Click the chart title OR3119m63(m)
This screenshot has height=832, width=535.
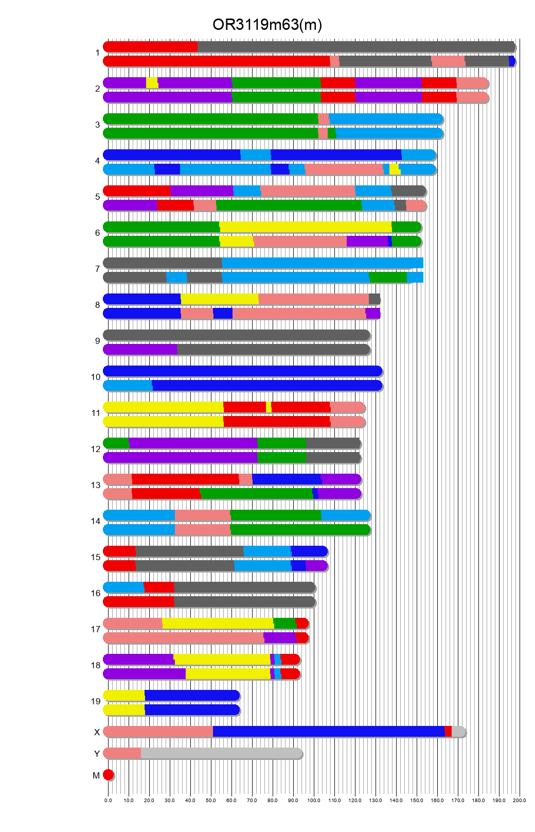(267, 25)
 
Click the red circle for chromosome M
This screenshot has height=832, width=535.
(108, 775)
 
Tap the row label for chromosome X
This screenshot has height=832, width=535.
(97, 732)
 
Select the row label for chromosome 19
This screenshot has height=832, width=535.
(96, 701)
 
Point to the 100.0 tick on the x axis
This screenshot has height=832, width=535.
(314, 800)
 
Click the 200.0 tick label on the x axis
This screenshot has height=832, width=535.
(519, 800)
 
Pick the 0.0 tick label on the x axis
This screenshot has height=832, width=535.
(108, 800)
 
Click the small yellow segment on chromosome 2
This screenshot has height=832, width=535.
(152, 83)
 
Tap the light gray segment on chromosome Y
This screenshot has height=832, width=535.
(221, 754)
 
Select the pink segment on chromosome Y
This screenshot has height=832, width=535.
(122, 754)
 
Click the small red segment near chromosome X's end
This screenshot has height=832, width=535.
(448, 732)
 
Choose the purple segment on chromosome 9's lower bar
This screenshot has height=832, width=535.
(140, 350)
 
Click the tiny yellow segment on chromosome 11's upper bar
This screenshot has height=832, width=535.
(269, 407)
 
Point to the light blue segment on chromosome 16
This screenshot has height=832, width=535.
(124, 587)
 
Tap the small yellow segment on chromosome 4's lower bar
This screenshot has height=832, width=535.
(395, 169)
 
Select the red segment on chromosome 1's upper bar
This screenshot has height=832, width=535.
(150, 47)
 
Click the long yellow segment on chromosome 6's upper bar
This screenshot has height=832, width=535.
(306, 227)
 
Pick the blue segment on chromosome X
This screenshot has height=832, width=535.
(328, 732)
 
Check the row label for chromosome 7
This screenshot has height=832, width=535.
(97, 269)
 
